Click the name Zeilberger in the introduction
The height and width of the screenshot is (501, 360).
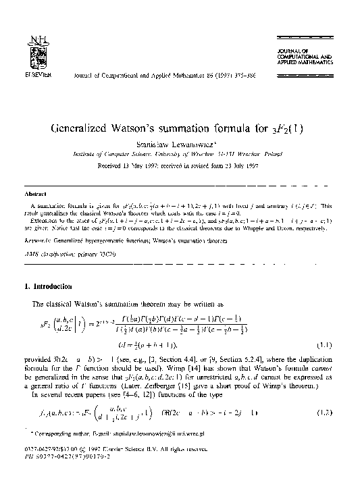(x=186, y=381)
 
